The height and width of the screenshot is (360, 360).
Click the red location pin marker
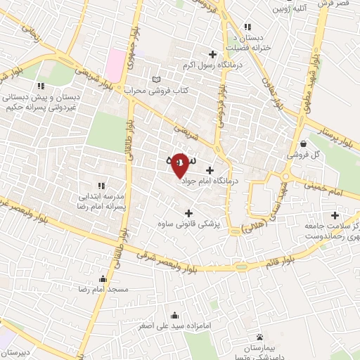pyautogui.click(x=180, y=165)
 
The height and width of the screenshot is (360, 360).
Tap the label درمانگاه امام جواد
pyautogui.click(x=211, y=181)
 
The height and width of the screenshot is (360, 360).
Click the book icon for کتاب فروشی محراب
pyautogui.click(x=156, y=79)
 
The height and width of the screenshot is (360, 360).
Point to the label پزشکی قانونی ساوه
pyautogui.click(x=188, y=224)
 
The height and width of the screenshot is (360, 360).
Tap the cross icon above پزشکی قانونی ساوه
pyautogui.click(x=188, y=212)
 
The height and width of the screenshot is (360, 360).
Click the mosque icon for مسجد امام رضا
pyautogui.click(x=104, y=278)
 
